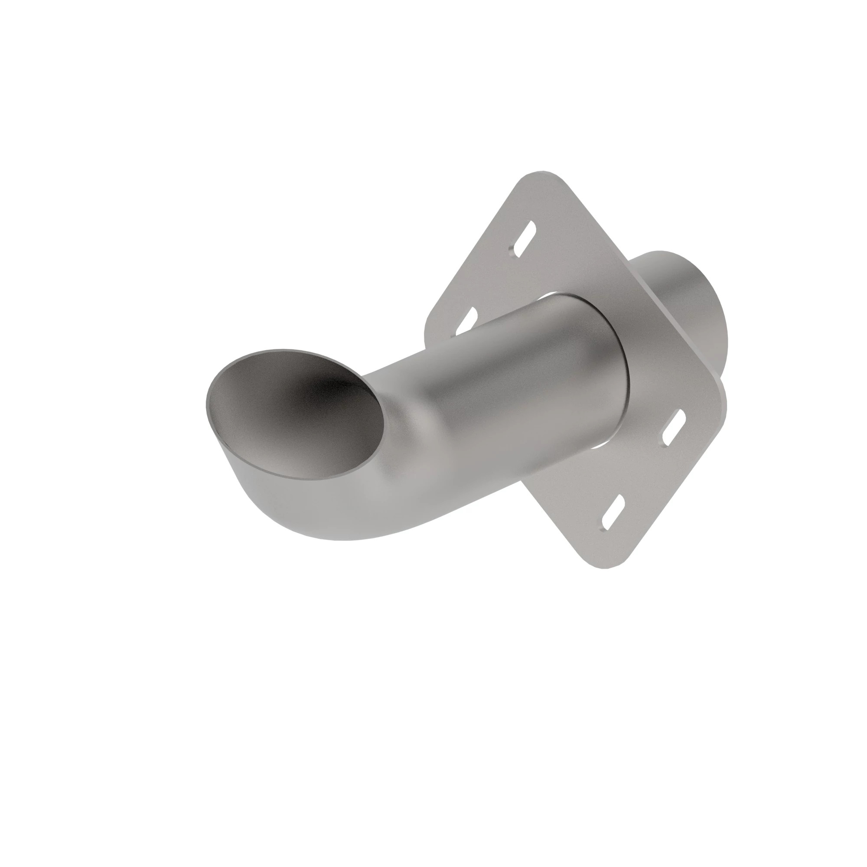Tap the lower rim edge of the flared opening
tap(287, 477)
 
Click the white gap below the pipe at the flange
tap(597, 459)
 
